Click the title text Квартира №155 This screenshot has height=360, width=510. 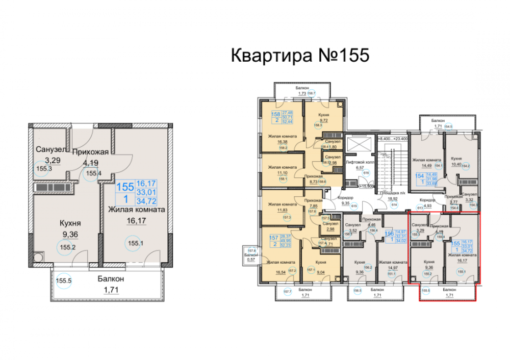pos(299,55)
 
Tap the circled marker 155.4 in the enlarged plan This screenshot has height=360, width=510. pos(93,173)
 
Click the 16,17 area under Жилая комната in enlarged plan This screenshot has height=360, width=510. pos(135,221)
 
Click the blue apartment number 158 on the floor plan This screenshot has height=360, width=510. pos(275,115)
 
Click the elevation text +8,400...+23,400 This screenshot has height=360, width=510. pos(394,137)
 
